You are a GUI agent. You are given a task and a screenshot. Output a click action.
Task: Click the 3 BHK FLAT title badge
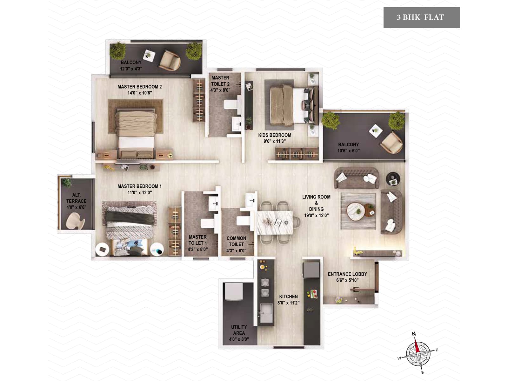(421, 17)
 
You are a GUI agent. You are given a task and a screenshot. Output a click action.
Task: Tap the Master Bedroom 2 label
(140, 87)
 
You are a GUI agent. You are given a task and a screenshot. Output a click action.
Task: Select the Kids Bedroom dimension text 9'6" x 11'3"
(275, 141)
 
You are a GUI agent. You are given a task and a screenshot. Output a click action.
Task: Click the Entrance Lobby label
(347, 274)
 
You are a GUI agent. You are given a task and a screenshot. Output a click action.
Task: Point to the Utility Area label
(239, 330)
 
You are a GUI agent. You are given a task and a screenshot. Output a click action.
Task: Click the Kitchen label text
(288, 297)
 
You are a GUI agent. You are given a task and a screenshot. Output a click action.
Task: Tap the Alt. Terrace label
(76, 198)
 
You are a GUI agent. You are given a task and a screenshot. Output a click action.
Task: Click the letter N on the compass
(414, 334)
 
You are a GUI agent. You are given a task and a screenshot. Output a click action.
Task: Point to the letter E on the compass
(437, 350)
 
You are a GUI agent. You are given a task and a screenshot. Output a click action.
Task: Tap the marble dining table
(275, 222)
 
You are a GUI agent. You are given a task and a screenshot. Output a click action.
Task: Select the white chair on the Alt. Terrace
(75, 220)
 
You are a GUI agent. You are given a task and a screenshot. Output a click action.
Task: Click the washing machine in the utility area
(234, 292)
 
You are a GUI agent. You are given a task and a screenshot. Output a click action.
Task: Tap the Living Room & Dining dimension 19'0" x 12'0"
(316, 215)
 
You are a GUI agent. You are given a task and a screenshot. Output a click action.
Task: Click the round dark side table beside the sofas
(393, 179)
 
